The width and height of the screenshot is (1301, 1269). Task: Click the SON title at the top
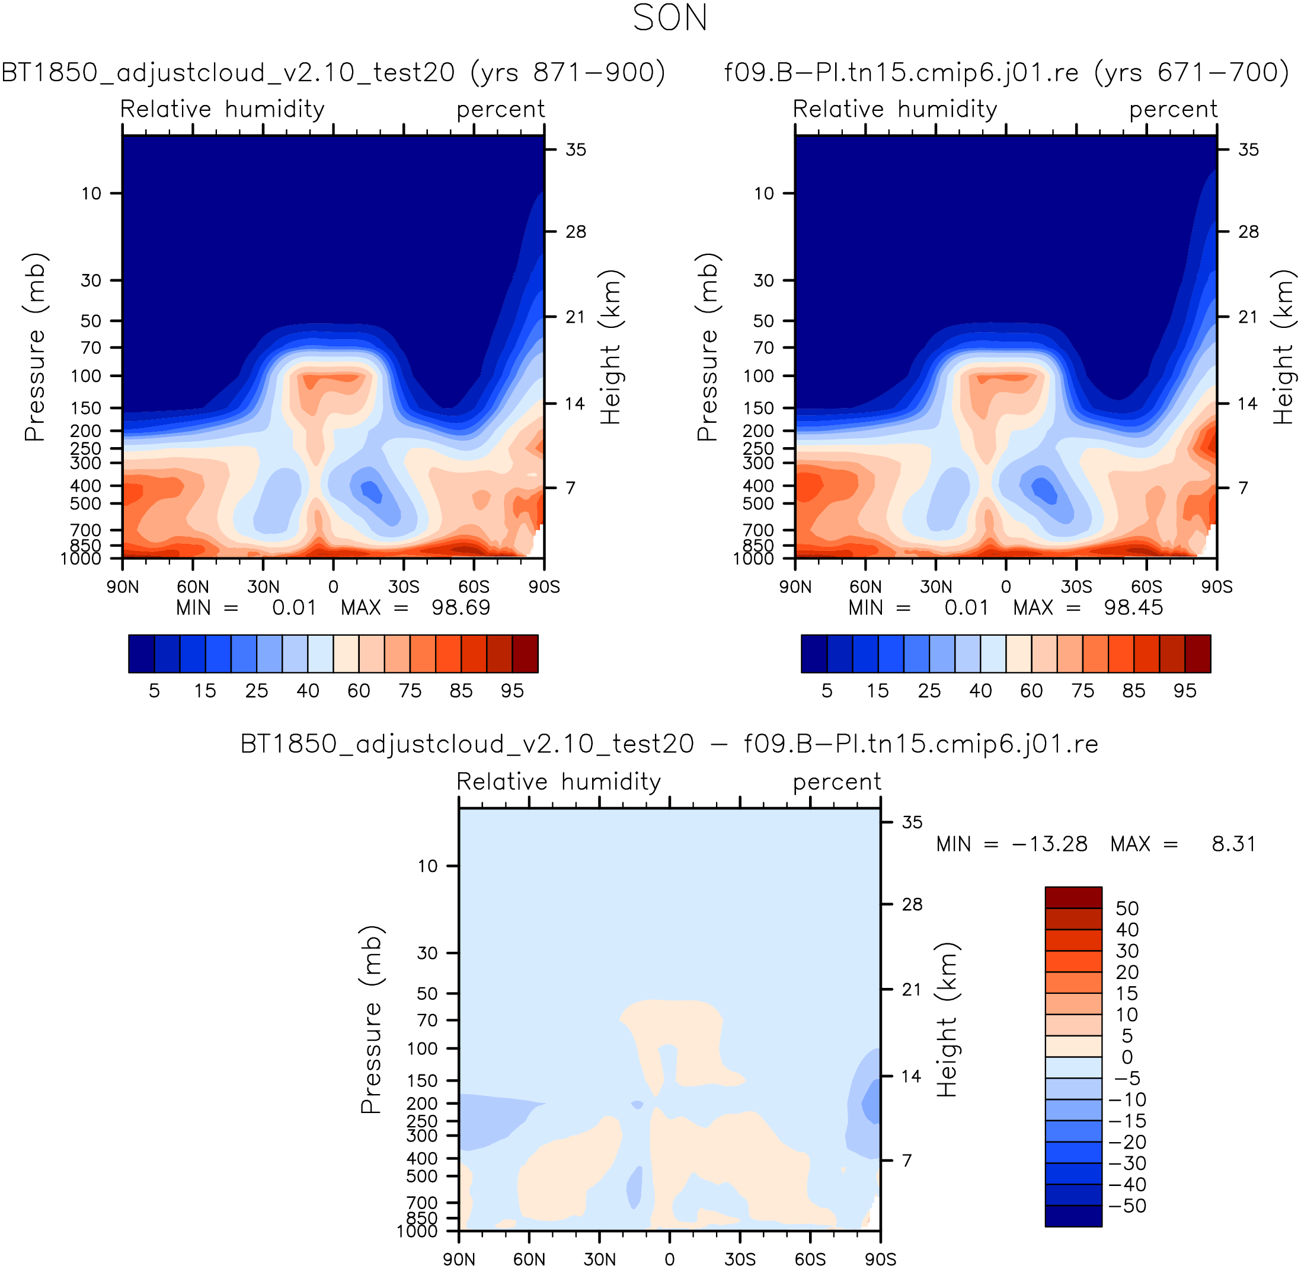click(670, 18)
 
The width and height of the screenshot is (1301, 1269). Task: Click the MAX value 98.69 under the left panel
click(461, 608)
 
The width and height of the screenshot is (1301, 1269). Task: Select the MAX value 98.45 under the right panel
click(1133, 608)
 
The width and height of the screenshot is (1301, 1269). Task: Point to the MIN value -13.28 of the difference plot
click(1049, 844)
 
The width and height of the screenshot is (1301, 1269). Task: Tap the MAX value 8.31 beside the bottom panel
click(1233, 844)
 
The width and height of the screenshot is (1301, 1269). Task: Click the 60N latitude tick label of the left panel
click(193, 587)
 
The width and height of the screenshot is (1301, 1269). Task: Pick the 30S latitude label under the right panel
click(1076, 587)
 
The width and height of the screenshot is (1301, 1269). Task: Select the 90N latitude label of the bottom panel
click(459, 1259)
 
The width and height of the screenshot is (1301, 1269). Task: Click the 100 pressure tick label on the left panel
click(87, 377)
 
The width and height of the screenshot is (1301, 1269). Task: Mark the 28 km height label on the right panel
click(1248, 232)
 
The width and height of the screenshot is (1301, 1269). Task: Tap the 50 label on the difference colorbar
click(1127, 908)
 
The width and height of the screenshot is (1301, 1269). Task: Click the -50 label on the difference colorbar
click(1127, 1206)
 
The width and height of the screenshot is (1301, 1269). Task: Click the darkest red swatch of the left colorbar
click(525, 654)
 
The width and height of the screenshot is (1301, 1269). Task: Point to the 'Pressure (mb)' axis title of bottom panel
click(370, 1020)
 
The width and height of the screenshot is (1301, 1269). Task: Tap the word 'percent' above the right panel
click(1173, 109)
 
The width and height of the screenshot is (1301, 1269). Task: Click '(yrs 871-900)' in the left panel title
click(568, 72)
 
